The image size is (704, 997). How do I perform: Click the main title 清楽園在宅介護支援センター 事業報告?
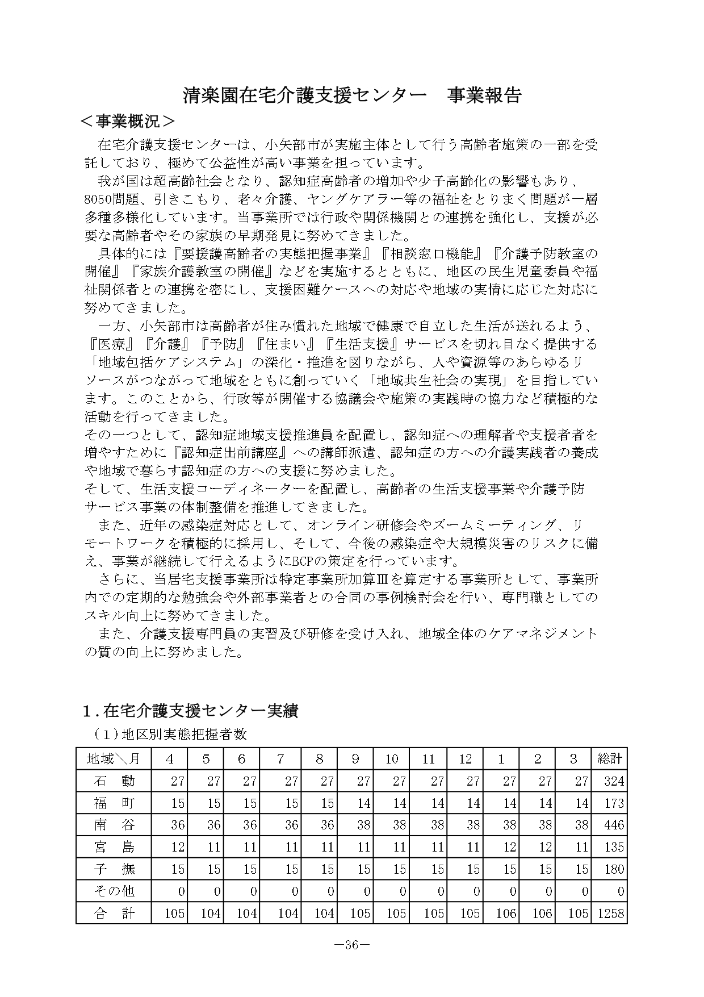pyautogui.click(x=351, y=95)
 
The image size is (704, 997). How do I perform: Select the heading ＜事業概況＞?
pyautogui.click(x=128, y=122)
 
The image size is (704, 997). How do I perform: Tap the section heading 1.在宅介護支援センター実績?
pyautogui.click(x=190, y=710)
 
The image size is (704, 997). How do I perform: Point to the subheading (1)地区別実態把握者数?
pyautogui.click(x=170, y=734)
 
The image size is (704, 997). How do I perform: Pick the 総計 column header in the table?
pyautogui.click(x=609, y=758)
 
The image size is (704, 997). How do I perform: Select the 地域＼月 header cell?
pyautogui.click(x=113, y=758)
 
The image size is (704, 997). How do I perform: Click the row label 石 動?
pyautogui.click(x=113, y=781)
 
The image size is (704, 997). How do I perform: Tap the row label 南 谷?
pyautogui.click(x=113, y=824)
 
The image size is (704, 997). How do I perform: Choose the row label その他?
pyautogui.click(x=113, y=890)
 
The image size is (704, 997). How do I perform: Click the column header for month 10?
pyautogui.click(x=392, y=758)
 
